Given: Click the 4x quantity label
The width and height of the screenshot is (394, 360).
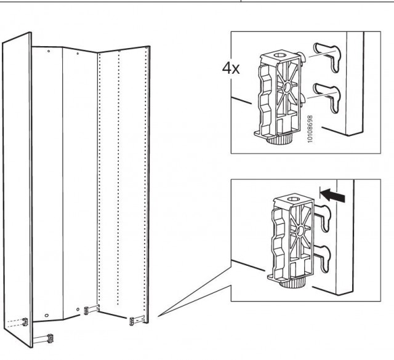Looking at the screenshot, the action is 231,68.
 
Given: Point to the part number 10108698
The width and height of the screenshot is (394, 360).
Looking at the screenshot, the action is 310,129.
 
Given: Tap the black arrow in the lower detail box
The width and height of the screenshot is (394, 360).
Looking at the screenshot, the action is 333,196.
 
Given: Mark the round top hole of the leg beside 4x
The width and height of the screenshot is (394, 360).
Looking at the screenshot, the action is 279,55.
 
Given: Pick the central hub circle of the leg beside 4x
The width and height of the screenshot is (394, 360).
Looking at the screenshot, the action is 287,87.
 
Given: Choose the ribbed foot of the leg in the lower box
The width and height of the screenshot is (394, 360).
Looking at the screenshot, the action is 292,283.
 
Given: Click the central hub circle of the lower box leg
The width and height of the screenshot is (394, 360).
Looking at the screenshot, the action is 300,231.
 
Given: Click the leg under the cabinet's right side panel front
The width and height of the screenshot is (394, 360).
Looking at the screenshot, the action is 132,321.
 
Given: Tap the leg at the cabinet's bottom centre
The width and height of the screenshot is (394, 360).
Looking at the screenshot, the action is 86,311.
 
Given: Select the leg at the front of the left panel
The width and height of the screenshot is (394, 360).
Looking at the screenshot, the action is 50,338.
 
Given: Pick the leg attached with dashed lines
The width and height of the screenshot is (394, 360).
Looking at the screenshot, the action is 25,322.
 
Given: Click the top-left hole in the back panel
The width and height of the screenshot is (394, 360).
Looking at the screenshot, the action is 49,51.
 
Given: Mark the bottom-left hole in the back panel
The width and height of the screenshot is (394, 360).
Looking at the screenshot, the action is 47,315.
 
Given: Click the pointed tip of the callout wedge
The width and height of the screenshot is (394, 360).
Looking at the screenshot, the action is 158,316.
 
